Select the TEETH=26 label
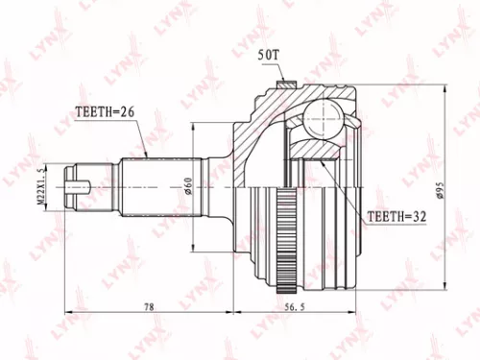104,111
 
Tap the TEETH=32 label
396,218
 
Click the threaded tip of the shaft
77,179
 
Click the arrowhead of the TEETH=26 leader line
143,156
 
